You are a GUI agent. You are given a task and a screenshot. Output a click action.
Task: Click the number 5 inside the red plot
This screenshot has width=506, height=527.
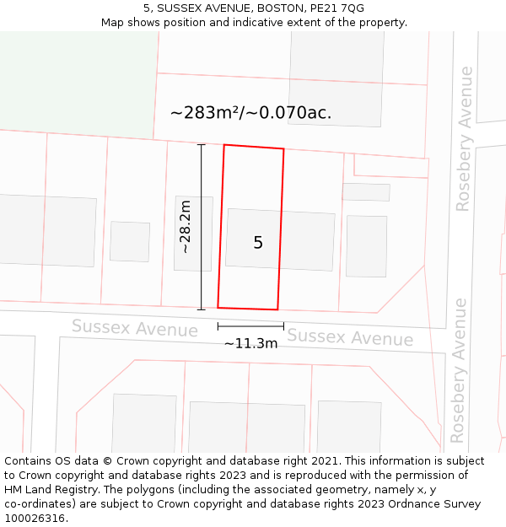[258, 243]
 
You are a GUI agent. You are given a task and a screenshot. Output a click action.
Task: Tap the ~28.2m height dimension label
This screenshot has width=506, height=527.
[186, 227]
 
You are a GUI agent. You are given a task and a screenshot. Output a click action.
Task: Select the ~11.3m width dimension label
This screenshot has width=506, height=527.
[250, 343]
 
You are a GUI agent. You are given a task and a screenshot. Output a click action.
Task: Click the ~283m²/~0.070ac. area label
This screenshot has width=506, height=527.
[250, 112]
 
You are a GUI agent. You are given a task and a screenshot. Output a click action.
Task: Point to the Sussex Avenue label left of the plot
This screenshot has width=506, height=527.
[134, 327]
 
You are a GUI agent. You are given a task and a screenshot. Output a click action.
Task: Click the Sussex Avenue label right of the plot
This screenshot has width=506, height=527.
[350, 337]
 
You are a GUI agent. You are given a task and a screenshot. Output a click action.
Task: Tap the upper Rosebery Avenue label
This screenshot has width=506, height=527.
[465, 138]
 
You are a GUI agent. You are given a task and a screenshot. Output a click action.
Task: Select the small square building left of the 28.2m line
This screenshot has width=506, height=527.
[130, 241]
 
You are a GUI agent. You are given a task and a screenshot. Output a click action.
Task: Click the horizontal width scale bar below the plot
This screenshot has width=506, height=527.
[250, 325]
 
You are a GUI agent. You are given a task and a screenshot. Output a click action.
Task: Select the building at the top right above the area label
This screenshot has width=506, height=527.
[336, 78]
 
